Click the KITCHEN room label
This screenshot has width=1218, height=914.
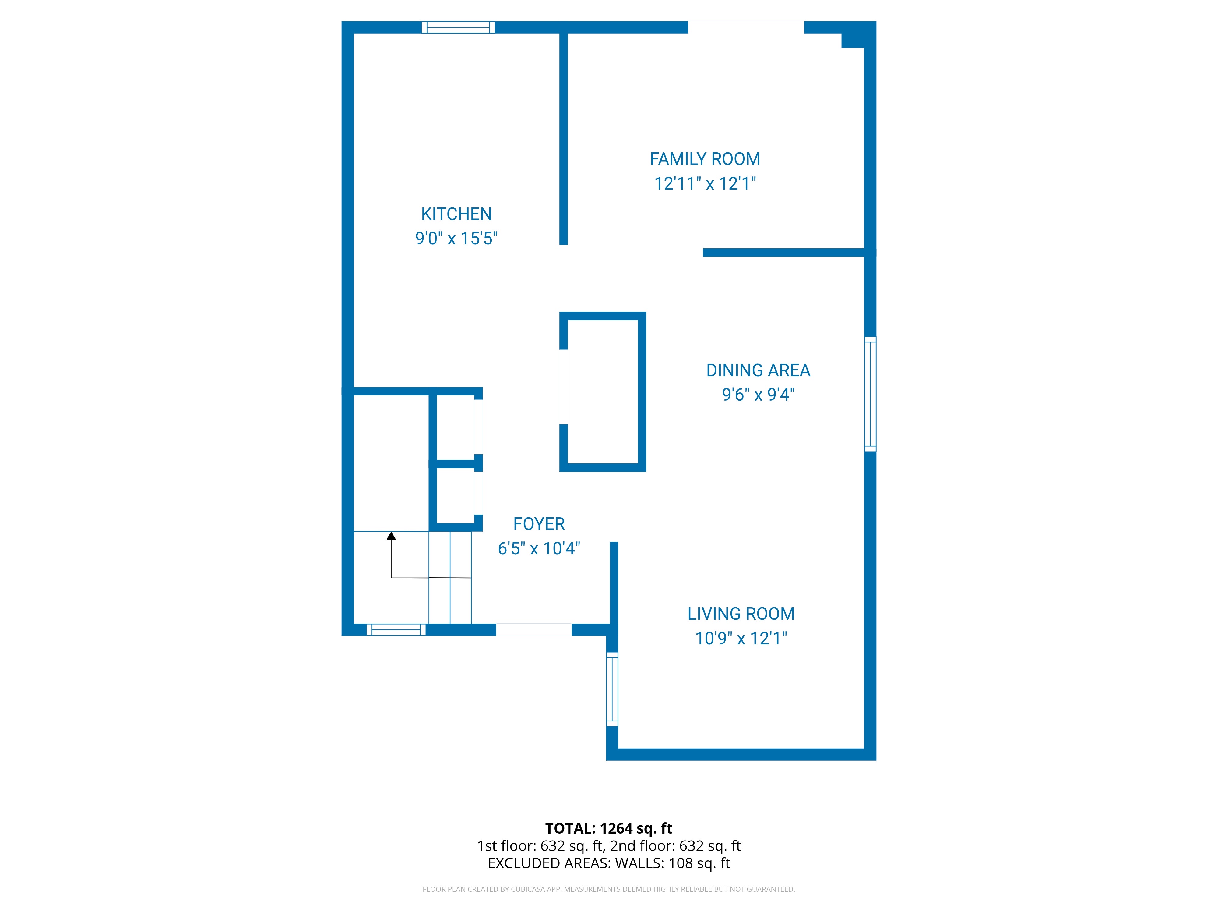(456, 214)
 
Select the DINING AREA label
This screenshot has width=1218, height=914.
(758, 370)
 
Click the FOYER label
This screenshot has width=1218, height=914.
(539, 524)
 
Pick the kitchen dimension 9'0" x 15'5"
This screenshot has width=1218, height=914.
(456, 239)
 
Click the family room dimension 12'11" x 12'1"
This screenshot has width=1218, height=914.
(705, 183)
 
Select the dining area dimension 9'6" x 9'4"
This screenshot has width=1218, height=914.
(758, 395)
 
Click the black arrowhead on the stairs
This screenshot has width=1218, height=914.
(391, 536)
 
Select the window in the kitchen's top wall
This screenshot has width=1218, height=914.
(458, 27)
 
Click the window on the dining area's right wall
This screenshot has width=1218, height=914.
(870, 394)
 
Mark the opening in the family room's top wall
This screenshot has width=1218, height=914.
(746, 27)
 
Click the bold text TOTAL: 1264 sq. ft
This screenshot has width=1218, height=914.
(608, 829)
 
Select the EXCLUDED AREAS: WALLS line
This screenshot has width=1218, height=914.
(608, 863)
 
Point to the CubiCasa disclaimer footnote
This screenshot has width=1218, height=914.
(608, 889)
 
